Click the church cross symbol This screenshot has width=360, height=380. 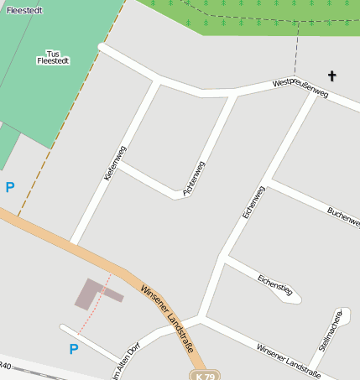[331, 76]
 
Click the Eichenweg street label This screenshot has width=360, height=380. [253, 202]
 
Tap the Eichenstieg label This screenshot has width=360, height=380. [274, 284]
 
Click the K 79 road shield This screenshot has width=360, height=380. [204, 375]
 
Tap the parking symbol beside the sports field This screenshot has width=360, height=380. [10, 187]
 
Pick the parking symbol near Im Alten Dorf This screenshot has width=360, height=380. [73, 348]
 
